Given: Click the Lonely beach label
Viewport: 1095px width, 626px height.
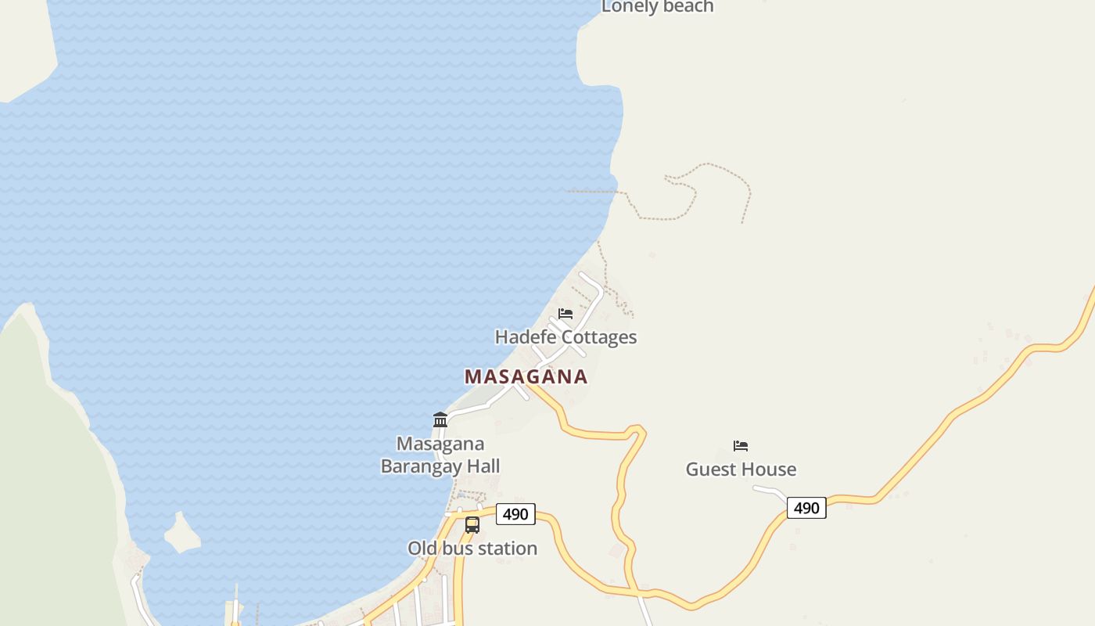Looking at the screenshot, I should tap(657, 6).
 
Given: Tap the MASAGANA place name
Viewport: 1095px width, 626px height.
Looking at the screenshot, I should tap(526, 376).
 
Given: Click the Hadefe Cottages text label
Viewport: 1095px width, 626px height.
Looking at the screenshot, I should tap(565, 337).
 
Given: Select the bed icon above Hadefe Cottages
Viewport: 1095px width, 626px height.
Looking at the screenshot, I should tap(565, 314).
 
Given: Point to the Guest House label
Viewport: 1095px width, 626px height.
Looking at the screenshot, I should tap(741, 469).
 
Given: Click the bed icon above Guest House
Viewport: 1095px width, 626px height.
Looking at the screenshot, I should tap(741, 446).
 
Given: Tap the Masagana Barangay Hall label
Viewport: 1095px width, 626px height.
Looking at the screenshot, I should tap(440, 455).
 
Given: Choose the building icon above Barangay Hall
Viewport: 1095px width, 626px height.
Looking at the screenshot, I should tap(440, 420).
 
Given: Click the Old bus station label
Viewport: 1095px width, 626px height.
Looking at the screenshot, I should tap(472, 549).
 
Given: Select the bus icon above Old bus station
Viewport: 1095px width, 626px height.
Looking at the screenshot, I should tap(472, 525).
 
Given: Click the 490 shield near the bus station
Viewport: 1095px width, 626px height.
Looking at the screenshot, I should tap(515, 514).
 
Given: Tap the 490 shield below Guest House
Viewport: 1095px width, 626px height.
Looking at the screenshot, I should tap(806, 508).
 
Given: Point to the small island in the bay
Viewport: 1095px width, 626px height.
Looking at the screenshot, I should tap(182, 533).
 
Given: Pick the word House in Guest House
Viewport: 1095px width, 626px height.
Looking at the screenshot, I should tap(770, 469).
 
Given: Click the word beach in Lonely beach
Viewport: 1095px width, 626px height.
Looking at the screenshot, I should tap(687, 6).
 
